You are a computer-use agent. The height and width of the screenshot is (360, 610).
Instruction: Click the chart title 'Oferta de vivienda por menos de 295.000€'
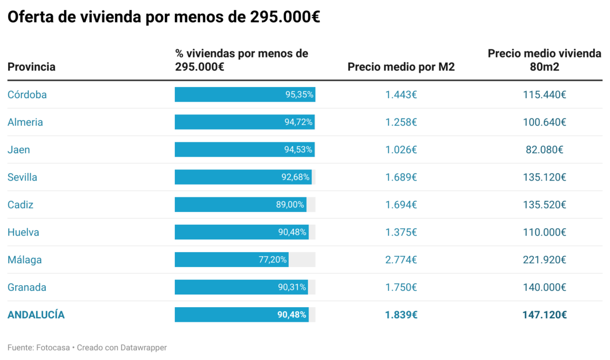click(163, 17)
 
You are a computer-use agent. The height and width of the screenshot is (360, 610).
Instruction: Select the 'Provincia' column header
click(32, 67)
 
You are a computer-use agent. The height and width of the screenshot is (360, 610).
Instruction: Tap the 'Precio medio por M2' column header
click(401, 67)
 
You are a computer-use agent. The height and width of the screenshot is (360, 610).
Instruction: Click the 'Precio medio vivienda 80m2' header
click(544, 60)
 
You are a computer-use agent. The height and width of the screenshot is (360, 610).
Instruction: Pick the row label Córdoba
click(27, 95)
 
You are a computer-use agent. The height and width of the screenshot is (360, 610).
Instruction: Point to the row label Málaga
click(24, 260)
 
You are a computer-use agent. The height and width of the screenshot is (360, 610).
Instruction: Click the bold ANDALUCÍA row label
click(36, 315)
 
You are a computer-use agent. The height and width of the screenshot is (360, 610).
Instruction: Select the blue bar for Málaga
click(231, 260)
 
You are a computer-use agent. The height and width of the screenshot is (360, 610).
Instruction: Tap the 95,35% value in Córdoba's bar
click(299, 95)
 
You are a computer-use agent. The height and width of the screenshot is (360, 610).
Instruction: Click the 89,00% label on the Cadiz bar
click(290, 205)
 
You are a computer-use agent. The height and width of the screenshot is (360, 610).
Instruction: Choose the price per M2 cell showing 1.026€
click(401, 149)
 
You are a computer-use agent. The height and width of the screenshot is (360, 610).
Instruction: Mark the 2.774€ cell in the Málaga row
click(401, 260)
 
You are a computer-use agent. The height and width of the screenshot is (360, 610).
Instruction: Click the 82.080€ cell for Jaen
click(544, 149)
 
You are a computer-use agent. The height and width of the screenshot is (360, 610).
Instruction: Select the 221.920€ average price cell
click(544, 260)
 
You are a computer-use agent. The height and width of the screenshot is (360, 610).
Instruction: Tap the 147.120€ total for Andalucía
click(544, 315)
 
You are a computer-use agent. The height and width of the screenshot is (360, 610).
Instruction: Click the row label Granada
click(27, 287)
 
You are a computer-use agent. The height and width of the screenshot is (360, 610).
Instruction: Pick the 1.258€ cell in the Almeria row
click(401, 122)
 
